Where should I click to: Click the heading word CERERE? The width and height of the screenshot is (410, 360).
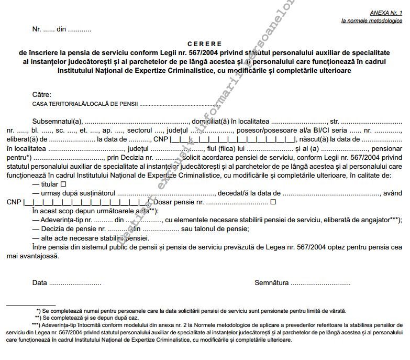click(x=204, y=44)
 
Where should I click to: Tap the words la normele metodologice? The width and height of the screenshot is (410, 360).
click(x=372, y=21)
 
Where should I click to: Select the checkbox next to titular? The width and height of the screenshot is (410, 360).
click(x=63, y=184)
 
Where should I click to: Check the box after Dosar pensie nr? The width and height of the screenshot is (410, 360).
click(x=273, y=202)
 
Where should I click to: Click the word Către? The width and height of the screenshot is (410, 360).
click(x=41, y=95)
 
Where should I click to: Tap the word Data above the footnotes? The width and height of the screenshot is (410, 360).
click(x=39, y=283)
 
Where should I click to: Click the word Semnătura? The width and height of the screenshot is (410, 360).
click(x=271, y=283)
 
